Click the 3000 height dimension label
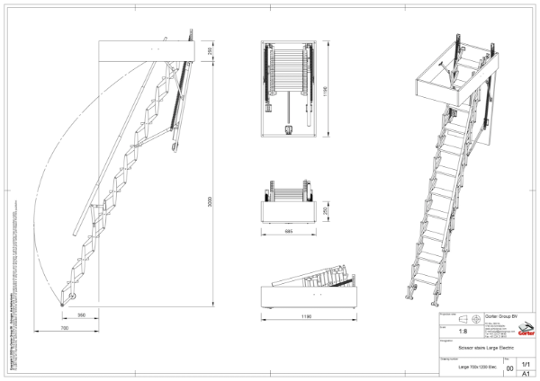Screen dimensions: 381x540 click(x=211, y=203)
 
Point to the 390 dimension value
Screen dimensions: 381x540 click(x=81, y=316)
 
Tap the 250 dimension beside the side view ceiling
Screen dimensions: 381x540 click(x=211, y=52)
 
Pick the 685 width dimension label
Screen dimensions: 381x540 click(x=288, y=232)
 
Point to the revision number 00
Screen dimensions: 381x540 click(x=510, y=368)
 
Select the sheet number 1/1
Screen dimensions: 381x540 click(x=526, y=363)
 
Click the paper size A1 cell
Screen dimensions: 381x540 click(x=526, y=373)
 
